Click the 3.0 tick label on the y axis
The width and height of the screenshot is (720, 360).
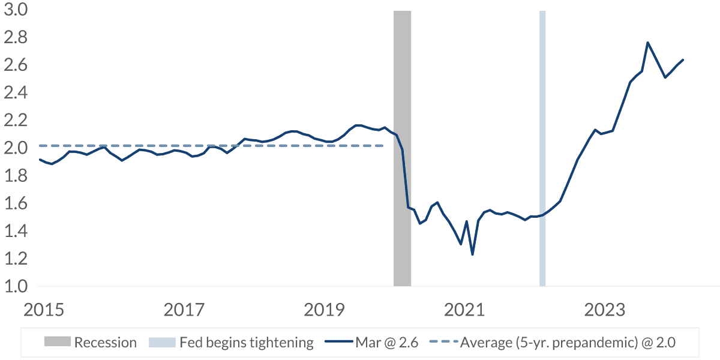[x=17, y=11]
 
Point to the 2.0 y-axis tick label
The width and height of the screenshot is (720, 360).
[x=17, y=148]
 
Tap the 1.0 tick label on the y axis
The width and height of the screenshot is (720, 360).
[x=17, y=286]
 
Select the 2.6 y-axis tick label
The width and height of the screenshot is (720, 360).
[x=17, y=65]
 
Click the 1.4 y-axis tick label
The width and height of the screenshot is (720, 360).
[x=17, y=231]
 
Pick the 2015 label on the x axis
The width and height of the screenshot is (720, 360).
[x=43, y=310]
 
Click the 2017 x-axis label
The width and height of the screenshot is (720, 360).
[x=184, y=310]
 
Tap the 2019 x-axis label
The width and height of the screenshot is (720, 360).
[x=324, y=310]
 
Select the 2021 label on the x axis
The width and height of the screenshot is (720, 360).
[x=464, y=310]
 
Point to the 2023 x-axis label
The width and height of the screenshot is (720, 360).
[x=605, y=310]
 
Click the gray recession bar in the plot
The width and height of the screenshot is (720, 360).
[x=402, y=180]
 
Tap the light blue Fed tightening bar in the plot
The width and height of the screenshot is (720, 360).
[x=542, y=180]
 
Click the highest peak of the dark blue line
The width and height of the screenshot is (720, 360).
[x=647, y=43]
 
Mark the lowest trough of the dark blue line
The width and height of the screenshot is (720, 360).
[x=472, y=254]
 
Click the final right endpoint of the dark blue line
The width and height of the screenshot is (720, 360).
[x=683, y=60]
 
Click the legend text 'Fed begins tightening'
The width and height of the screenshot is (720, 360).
[x=247, y=343]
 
